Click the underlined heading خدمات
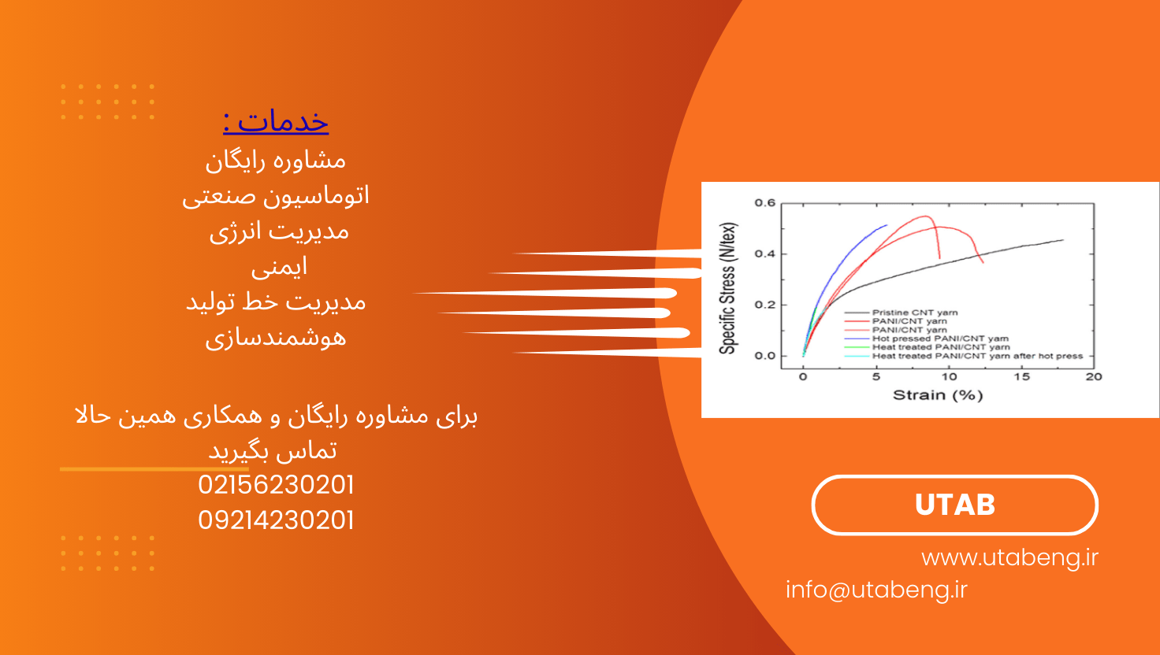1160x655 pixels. point(276,122)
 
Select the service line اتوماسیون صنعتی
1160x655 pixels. point(276,197)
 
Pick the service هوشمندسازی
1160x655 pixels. point(276,339)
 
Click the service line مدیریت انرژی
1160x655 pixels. point(279,231)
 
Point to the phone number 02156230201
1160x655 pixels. point(276,485)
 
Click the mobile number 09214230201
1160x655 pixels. point(276,520)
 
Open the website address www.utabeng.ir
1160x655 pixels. point(1009,557)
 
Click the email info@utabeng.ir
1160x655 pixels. point(877,590)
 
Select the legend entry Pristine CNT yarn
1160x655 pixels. point(915,313)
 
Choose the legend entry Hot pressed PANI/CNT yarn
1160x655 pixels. point(940,339)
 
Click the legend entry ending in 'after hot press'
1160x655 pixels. point(978,356)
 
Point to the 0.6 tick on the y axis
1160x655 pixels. point(765,203)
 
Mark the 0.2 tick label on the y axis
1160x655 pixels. point(765,305)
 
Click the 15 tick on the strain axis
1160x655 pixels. point(1022,376)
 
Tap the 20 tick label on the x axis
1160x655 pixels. point(1094,376)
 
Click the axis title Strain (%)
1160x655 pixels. point(938,395)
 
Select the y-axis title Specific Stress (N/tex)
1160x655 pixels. point(727,288)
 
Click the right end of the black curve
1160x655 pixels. point(1063,240)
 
